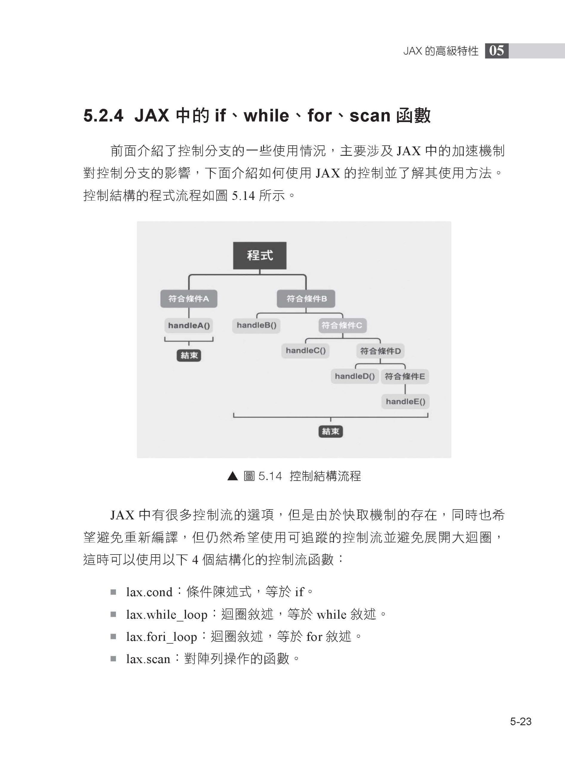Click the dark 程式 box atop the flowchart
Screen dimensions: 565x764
pyautogui.click(x=260, y=255)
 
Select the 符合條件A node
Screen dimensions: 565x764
pyautogui.click(x=189, y=299)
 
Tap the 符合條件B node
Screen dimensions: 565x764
pyautogui.click(x=306, y=299)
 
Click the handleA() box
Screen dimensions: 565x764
pyautogui.click(x=189, y=325)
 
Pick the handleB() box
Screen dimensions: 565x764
pyautogui.click(x=257, y=325)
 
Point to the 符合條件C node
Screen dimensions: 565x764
pyautogui.click(x=342, y=325)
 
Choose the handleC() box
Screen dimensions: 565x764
pyautogui.click(x=305, y=351)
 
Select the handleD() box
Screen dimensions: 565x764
pyautogui.click(x=355, y=376)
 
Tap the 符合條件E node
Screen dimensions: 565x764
pyautogui.click(x=405, y=377)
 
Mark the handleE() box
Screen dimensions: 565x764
pyautogui.click(x=405, y=402)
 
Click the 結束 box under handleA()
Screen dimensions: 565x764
pyautogui.click(x=189, y=355)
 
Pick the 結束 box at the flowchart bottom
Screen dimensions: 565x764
pyautogui.click(x=330, y=432)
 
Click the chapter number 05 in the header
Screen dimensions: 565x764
pyautogui.click(x=497, y=51)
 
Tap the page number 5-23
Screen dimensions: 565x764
pyautogui.click(x=521, y=722)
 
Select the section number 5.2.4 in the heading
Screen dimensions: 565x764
pyautogui.click(x=103, y=116)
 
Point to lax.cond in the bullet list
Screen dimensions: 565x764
pyautogui.click(x=149, y=592)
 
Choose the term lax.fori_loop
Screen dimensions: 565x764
pyautogui.click(x=162, y=637)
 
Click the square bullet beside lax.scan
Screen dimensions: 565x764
pyautogui.click(x=113, y=659)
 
